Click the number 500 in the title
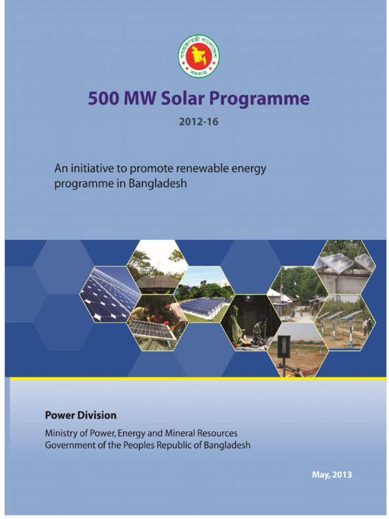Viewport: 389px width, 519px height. click(x=104, y=98)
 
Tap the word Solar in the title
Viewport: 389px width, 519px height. click(x=183, y=98)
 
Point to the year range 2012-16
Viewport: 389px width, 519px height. click(x=198, y=122)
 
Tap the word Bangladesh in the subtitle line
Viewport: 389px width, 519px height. click(x=158, y=183)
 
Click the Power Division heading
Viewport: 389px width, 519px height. click(x=81, y=415)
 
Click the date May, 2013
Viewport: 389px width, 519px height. click(x=331, y=475)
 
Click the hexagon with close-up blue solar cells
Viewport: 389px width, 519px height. click(x=109, y=294)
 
